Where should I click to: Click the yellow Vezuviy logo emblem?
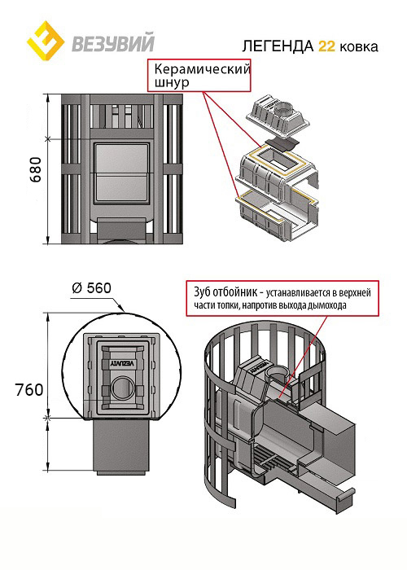tap(46, 41)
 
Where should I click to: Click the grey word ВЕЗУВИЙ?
tap(113, 42)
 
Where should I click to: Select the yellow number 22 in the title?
tap(326, 46)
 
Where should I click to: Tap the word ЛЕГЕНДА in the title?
tap(278, 46)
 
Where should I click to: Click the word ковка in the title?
tap(359, 47)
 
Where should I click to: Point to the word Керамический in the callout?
tap(203, 68)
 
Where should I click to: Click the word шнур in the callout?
tap(172, 82)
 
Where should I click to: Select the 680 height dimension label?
tap(36, 169)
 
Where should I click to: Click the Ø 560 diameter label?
tap(91, 288)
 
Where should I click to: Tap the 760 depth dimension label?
tap(29, 390)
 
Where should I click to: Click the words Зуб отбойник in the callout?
tap(225, 292)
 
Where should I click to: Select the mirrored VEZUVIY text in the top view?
tap(122, 364)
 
